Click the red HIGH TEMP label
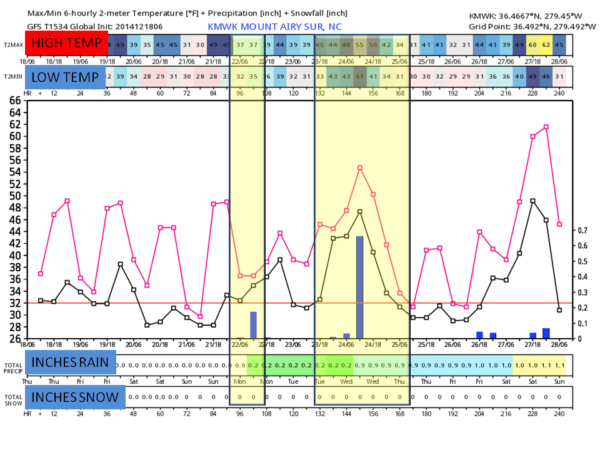[67, 44]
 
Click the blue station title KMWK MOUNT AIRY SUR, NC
[275, 27]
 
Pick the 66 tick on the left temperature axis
[14, 100]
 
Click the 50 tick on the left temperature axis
[14, 196]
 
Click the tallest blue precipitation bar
[360, 287]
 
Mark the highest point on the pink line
[546, 127]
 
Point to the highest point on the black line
[532, 201]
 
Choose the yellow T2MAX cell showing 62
[546, 45]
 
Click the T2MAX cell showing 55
[360, 45]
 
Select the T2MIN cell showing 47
[360, 76]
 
